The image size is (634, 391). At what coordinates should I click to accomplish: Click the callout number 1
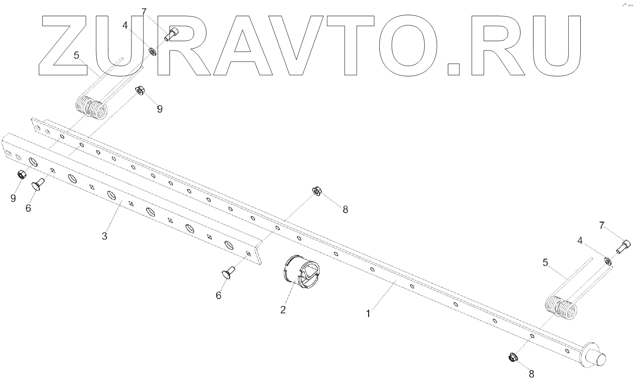click(x=368, y=314)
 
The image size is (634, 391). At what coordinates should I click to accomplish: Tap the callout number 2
click(x=283, y=309)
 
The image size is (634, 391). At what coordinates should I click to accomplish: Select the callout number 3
click(x=105, y=236)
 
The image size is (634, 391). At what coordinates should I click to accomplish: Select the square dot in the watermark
click(x=454, y=69)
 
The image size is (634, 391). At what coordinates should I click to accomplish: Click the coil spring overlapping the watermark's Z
click(x=92, y=106)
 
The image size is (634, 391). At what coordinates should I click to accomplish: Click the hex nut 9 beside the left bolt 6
click(x=21, y=175)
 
